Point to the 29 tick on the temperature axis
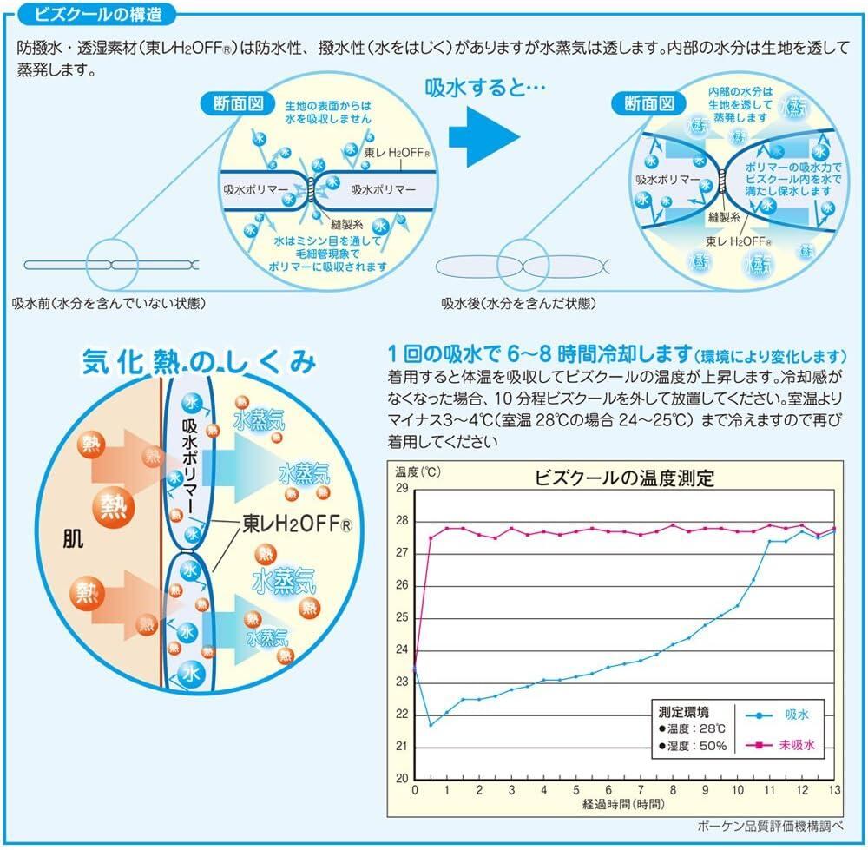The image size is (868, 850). (401, 488)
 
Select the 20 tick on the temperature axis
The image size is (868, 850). (401, 779)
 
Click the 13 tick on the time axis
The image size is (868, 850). (833, 790)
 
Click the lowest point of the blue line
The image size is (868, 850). (431, 724)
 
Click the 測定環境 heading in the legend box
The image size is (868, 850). (686, 708)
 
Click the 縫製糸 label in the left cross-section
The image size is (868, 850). (342, 224)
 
